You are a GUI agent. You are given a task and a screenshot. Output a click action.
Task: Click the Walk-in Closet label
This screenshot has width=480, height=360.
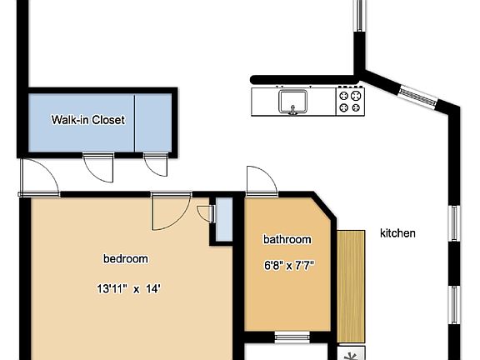87,120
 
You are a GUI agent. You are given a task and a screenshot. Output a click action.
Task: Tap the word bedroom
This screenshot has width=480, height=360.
125,258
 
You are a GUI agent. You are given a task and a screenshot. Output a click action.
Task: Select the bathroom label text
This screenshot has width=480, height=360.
287,240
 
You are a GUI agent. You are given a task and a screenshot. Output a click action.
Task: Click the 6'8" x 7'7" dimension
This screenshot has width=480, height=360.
288,267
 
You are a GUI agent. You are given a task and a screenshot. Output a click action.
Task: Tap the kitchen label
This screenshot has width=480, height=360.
397,233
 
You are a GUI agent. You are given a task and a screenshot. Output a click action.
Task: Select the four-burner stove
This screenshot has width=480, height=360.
350,101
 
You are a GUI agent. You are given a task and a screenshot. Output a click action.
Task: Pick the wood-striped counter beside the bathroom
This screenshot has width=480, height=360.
351,283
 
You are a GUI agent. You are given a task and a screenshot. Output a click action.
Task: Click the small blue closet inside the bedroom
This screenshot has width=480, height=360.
222,220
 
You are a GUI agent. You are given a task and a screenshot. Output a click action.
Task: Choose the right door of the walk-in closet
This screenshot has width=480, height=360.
154,164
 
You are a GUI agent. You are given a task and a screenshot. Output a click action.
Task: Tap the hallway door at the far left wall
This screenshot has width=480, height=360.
38,177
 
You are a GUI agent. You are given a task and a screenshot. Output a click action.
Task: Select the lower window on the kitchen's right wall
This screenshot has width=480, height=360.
456,306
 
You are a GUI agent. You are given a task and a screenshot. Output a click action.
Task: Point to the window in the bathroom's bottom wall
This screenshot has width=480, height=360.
291,337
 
